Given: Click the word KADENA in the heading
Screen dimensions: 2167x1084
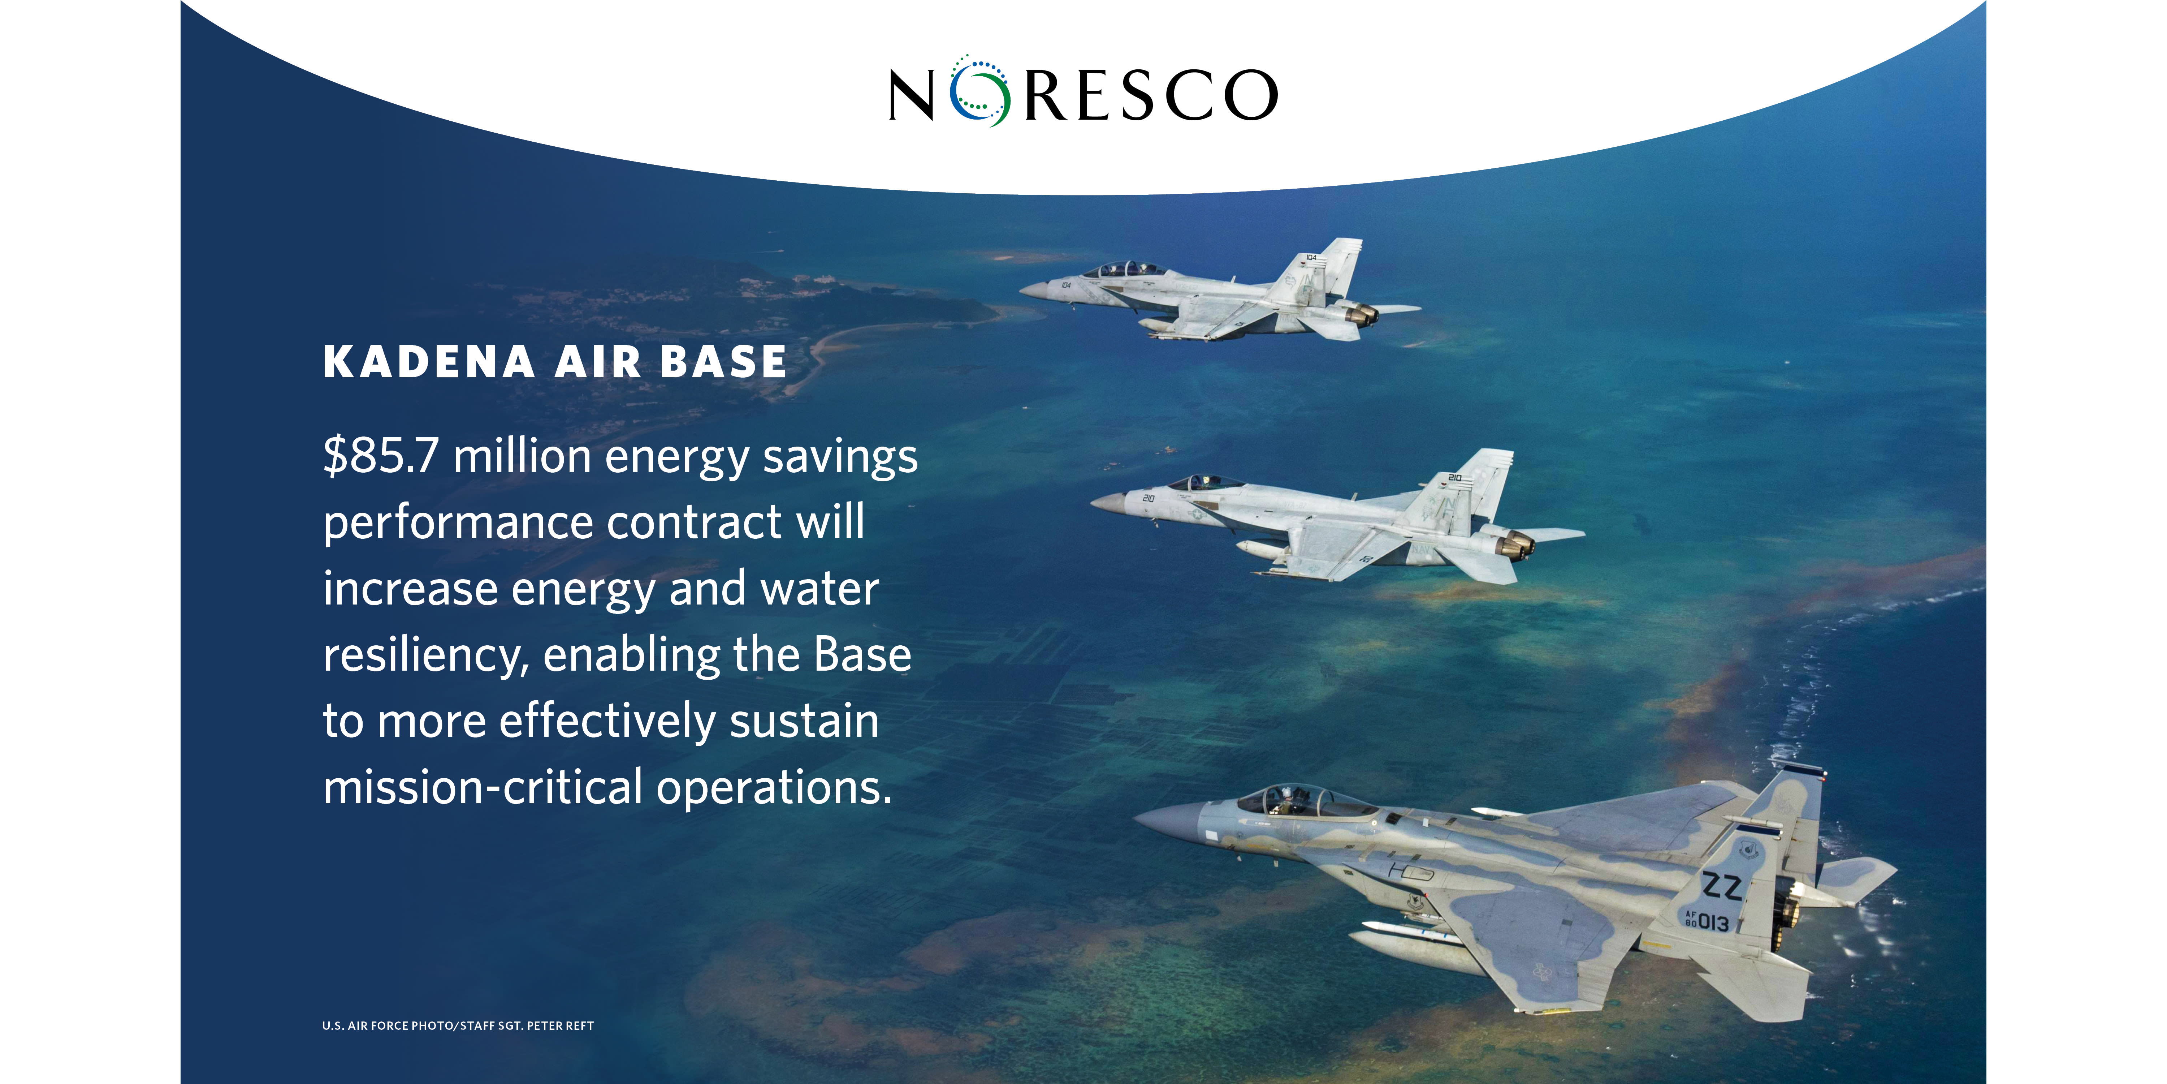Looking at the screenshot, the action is (x=429, y=362).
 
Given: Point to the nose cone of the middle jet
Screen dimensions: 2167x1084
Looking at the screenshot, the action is (x=1109, y=503).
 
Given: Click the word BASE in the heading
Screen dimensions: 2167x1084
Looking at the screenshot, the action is (x=723, y=362).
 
